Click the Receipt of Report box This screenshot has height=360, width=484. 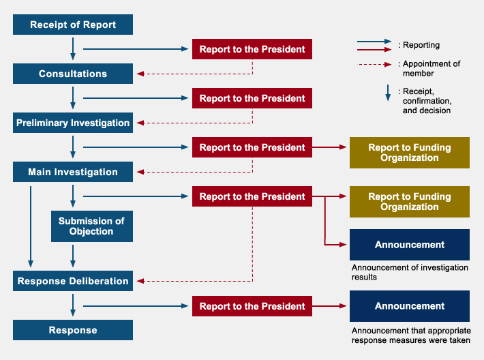73,25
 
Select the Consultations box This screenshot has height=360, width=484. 73,74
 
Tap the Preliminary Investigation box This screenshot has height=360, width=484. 73,123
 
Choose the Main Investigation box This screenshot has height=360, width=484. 73,172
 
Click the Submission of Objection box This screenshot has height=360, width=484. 91,226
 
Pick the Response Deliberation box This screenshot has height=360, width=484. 73,281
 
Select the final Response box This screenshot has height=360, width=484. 73,330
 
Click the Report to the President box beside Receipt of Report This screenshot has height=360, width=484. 252,49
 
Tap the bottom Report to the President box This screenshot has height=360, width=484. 252,306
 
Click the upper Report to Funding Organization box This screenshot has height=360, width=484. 409,153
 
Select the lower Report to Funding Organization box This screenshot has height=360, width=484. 409,202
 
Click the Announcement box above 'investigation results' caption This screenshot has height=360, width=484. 409,245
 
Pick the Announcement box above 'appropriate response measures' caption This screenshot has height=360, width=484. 409,306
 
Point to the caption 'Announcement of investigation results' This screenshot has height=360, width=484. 409,272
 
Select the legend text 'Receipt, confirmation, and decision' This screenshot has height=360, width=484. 426,100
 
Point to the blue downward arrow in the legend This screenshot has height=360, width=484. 387,93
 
